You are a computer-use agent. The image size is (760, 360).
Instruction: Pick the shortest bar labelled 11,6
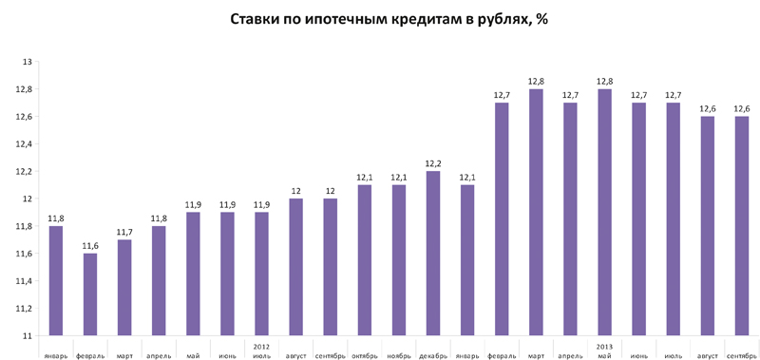pyautogui.click(x=90, y=294)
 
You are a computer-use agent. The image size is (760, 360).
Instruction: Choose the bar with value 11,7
pyautogui.click(x=124, y=287)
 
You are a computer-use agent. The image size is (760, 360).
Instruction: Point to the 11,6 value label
pyautogui.click(x=90, y=246)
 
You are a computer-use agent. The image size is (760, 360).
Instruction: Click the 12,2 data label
pyautogui.click(x=433, y=163)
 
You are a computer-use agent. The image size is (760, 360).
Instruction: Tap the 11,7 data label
pyautogui.click(x=124, y=232)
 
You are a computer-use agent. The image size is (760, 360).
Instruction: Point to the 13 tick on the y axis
pyautogui.click(x=28, y=62)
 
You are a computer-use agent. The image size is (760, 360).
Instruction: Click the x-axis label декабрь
pyautogui.click(x=433, y=355)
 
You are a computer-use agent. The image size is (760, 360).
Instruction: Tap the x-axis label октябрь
pyautogui.click(x=365, y=355)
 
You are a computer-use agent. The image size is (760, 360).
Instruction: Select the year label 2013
pyautogui.click(x=604, y=347)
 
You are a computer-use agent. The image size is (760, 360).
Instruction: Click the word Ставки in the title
pyautogui.click(x=256, y=19)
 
